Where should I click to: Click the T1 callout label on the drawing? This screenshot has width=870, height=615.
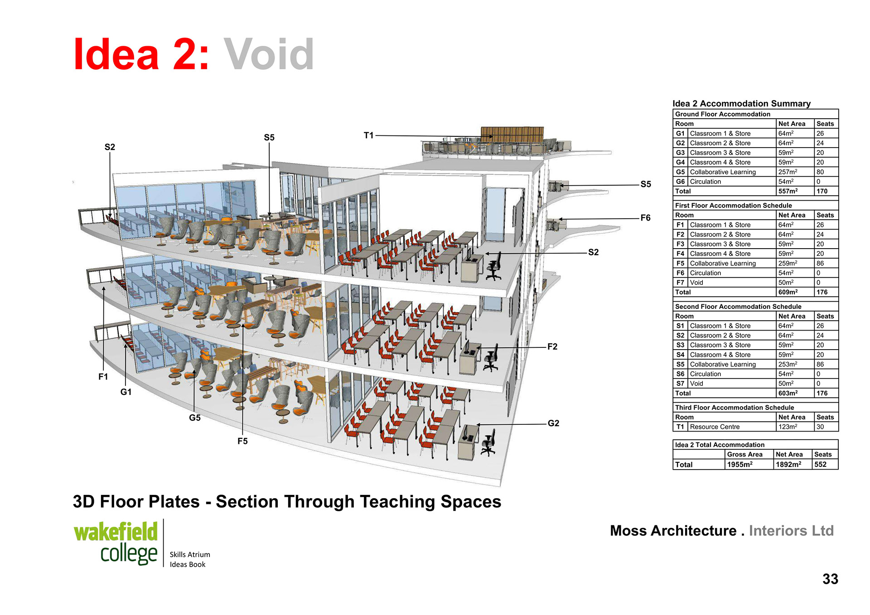pyautogui.click(x=368, y=135)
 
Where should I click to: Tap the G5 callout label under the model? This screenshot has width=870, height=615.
pyautogui.click(x=194, y=418)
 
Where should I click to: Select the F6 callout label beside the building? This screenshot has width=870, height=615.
pyautogui.click(x=645, y=218)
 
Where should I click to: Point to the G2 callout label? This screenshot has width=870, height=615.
pyautogui.click(x=553, y=423)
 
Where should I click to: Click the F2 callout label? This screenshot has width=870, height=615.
pyautogui.click(x=552, y=346)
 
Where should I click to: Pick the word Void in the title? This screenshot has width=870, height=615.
pyautogui.click(x=269, y=55)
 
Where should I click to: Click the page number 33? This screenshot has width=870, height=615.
pyautogui.click(x=830, y=579)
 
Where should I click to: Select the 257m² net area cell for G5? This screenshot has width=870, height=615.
pyautogui.click(x=788, y=172)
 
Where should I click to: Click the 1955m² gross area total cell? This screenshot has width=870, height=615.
pyautogui.click(x=739, y=465)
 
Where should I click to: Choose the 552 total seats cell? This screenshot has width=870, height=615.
pyautogui.click(x=820, y=465)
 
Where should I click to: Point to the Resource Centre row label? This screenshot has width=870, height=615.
pyautogui.click(x=715, y=427)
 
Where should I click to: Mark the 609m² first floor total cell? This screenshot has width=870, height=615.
pyautogui.click(x=788, y=292)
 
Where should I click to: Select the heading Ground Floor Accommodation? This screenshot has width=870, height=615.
pyautogui.click(x=722, y=114)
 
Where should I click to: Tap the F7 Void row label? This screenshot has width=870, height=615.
pyautogui.click(x=696, y=283)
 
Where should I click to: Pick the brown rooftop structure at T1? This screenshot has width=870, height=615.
pyautogui.click(x=512, y=135)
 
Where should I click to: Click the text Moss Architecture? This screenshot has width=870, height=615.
pyautogui.click(x=673, y=531)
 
